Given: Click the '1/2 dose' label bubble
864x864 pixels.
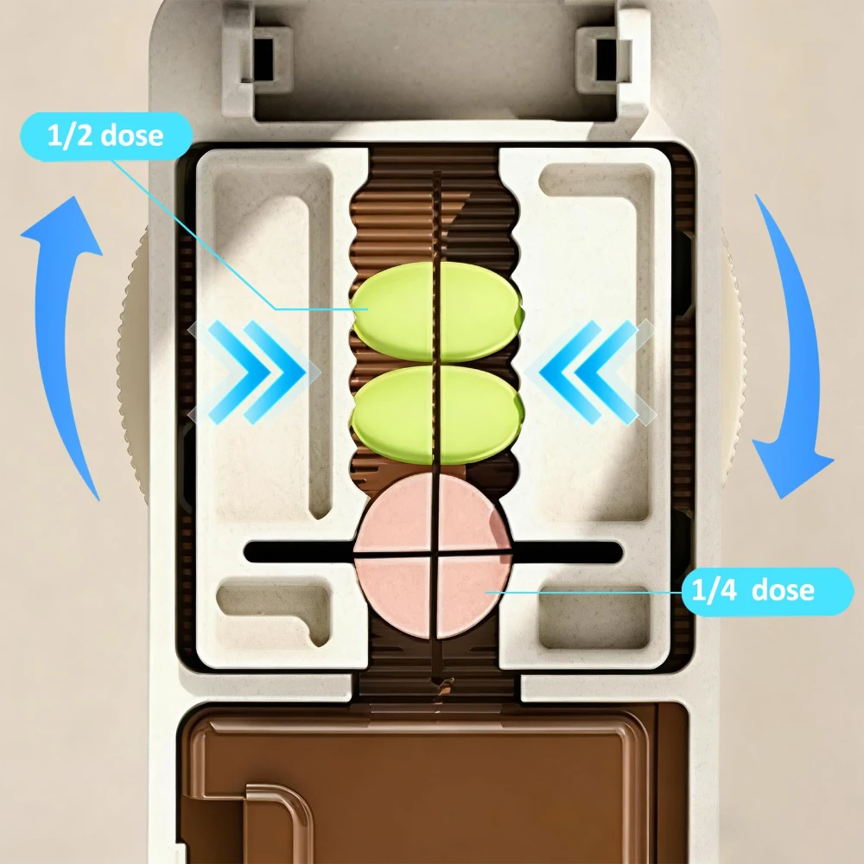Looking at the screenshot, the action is tap(106, 137).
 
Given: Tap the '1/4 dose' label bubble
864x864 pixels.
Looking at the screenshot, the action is tap(767, 591).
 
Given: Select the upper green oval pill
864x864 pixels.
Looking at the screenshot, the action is tap(437, 312).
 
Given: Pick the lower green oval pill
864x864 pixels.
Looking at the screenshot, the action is tap(437, 415).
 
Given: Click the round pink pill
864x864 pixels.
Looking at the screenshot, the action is tap(433, 556).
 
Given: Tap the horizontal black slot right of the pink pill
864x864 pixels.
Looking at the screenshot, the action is tap(568, 552).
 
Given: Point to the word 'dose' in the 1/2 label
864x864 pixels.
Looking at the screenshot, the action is tap(132, 137).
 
